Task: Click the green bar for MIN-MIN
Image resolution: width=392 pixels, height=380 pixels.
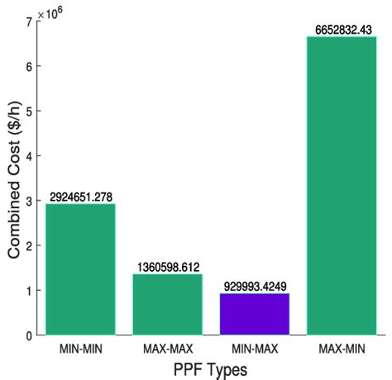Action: (80, 269)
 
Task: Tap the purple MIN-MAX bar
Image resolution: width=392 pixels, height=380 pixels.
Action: (254, 314)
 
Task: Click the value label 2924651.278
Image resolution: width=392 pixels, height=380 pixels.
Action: (80, 197)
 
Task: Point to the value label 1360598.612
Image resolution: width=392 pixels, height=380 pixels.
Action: (167, 267)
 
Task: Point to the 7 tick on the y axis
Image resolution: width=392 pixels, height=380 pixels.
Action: (29, 21)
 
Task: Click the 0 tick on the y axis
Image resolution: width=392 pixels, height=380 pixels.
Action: (29, 335)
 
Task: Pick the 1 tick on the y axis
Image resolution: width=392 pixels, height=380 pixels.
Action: (29, 291)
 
